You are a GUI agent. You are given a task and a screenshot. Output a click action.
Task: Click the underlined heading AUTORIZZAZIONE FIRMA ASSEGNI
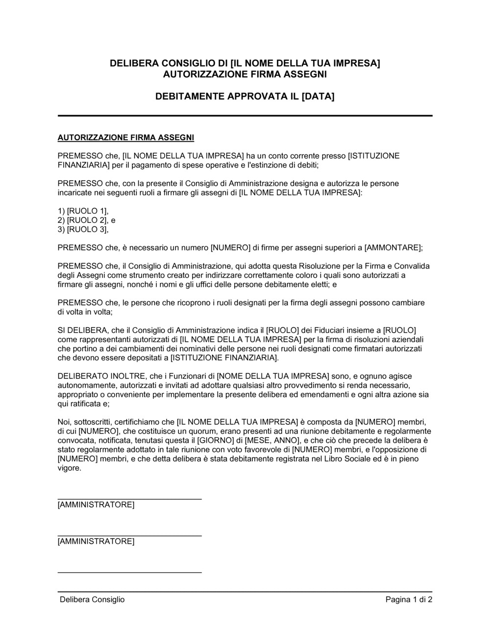coord(126,137)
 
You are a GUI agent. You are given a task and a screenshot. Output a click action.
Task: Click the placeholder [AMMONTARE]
coord(392,248)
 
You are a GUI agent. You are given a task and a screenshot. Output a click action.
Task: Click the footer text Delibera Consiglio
coord(92,600)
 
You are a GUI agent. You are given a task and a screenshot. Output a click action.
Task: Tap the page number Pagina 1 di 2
coord(409,600)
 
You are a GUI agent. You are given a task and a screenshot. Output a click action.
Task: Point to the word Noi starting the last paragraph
coord(64,422)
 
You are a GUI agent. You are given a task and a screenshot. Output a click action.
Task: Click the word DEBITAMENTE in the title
coord(190,97)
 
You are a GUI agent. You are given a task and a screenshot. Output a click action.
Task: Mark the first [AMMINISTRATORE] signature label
coord(96,505)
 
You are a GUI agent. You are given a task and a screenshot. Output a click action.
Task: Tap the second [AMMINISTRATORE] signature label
coord(96,541)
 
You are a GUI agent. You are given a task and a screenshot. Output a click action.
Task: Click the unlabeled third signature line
coord(129,572)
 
